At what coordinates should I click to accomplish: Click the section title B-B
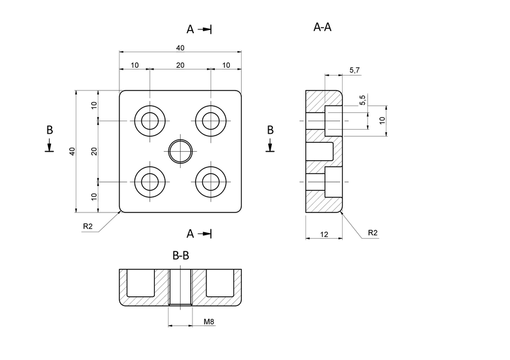(x=181, y=256)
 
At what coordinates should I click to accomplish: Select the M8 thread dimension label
(x=209, y=322)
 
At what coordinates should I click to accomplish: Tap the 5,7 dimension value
(x=354, y=71)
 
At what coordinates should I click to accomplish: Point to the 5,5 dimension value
(x=362, y=100)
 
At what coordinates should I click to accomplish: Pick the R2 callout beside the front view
(x=88, y=226)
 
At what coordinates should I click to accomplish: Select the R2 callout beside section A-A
(x=373, y=232)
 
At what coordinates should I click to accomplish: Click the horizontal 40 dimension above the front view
(x=180, y=48)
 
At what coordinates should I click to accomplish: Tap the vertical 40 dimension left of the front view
(x=71, y=151)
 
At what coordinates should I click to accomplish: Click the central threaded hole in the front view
(x=180, y=151)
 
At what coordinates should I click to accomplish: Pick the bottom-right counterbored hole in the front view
(x=211, y=181)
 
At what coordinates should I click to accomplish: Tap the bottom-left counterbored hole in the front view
(x=150, y=181)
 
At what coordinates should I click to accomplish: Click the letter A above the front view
(x=190, y=29)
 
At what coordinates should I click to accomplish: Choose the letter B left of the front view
(x=50, y=130)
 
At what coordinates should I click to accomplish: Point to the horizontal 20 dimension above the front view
(x=180, y=65)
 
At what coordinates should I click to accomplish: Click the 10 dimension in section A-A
(x=382, y=121)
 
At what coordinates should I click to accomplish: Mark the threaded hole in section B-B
(x=180, y=289)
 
